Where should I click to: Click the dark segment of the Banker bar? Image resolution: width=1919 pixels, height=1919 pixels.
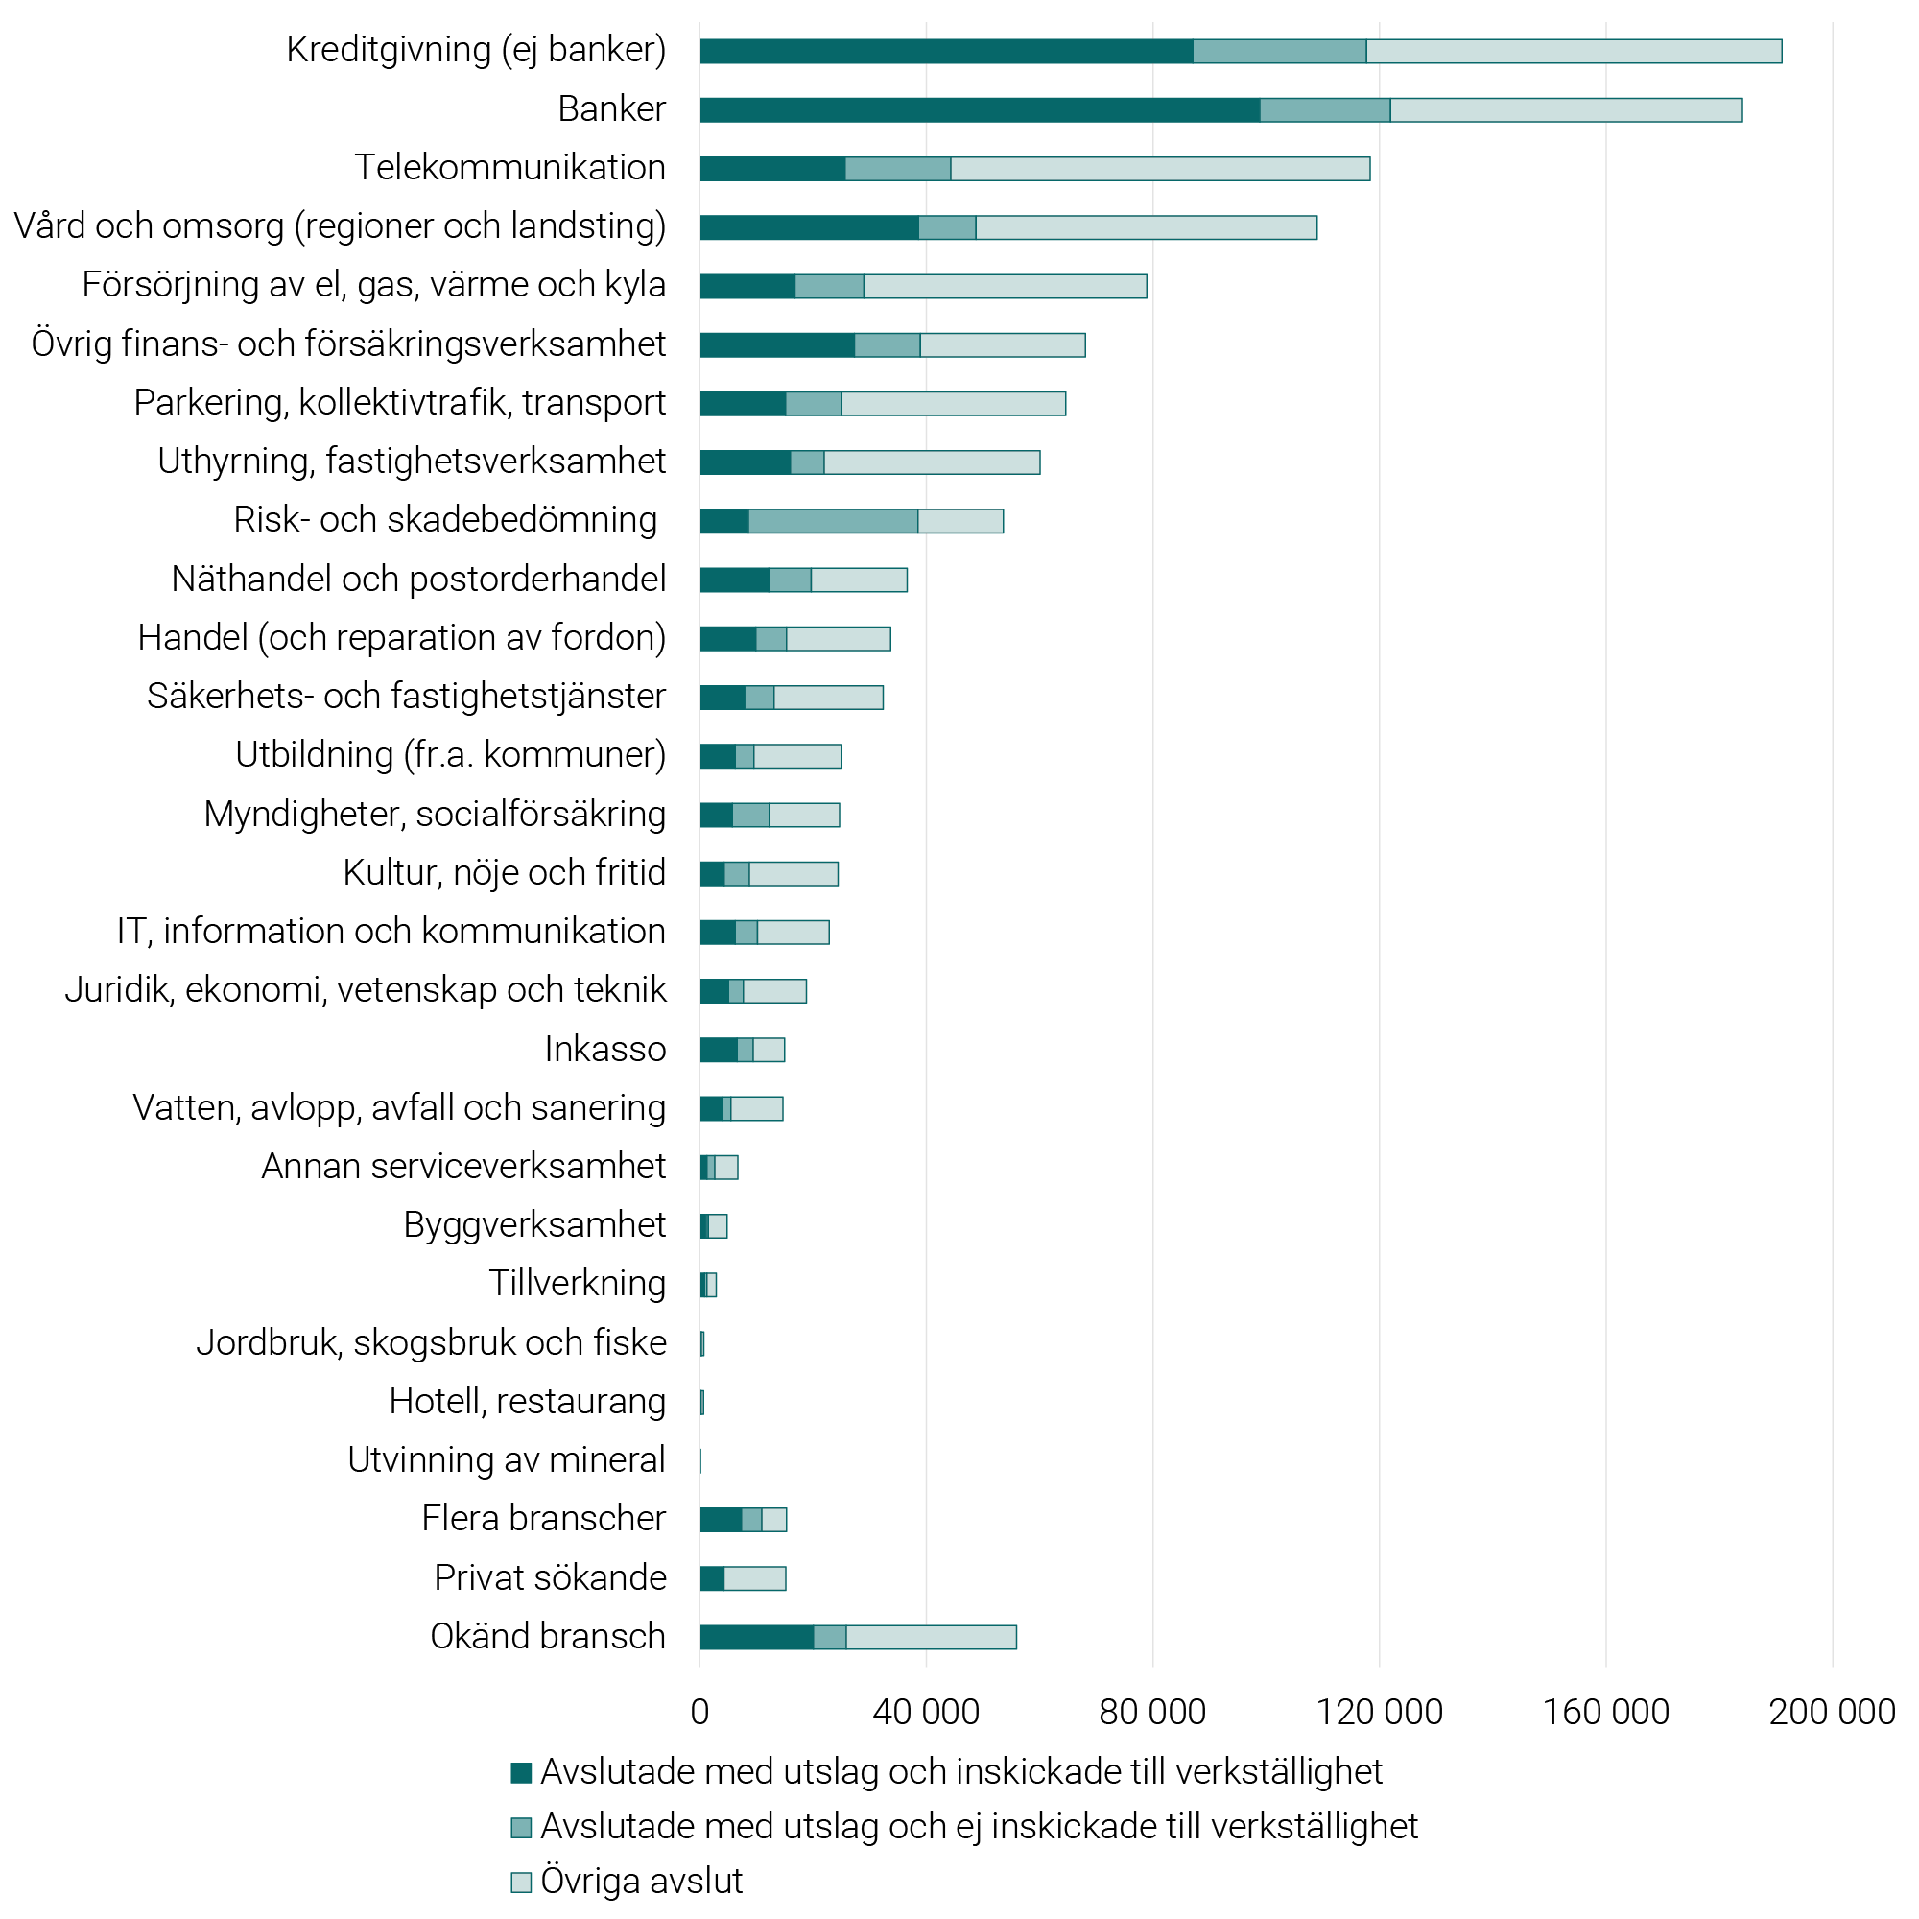[x=980, y=110]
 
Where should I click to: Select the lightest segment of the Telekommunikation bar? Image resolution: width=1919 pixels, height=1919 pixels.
[x=1160, y=169]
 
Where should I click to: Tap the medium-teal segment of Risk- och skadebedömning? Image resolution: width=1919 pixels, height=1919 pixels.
[x=834, y=521]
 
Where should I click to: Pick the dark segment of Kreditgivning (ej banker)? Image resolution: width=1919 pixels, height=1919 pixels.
[x=946, y=52]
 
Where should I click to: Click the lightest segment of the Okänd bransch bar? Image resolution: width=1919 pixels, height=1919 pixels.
[x=931, y=1637]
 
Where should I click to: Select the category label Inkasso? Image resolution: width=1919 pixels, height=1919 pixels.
[x=604, y=1049]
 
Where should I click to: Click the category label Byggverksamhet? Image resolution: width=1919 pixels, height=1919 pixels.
[x=534, y=1224]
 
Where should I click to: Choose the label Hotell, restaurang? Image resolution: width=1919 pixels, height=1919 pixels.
[x=528, y=1402]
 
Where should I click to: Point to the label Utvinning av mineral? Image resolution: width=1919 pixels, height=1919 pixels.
[x=507, y=1460]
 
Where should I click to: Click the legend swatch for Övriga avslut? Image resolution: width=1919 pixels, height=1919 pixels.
[x=520, y=1883]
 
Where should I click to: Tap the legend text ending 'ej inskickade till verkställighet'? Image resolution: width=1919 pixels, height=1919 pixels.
[x=979, y=1827]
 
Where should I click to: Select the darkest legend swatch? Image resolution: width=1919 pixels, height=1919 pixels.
[x=520, y=1772]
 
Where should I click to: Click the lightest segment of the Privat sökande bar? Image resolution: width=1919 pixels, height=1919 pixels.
[x=755, y=1578]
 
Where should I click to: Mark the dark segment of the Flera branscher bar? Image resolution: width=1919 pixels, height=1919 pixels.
[x=721, y=1520]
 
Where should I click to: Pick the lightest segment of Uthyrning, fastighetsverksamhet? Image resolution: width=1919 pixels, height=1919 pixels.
[x=932, y=462]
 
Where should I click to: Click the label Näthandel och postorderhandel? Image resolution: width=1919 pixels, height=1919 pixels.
[x=418, y=580]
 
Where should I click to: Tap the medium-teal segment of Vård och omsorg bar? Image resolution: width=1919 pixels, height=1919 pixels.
[x=947, y=227]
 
